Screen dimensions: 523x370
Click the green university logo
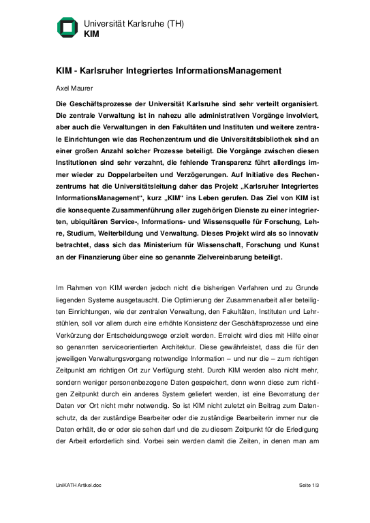point(67,27)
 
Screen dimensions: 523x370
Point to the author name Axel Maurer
point(75,88)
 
